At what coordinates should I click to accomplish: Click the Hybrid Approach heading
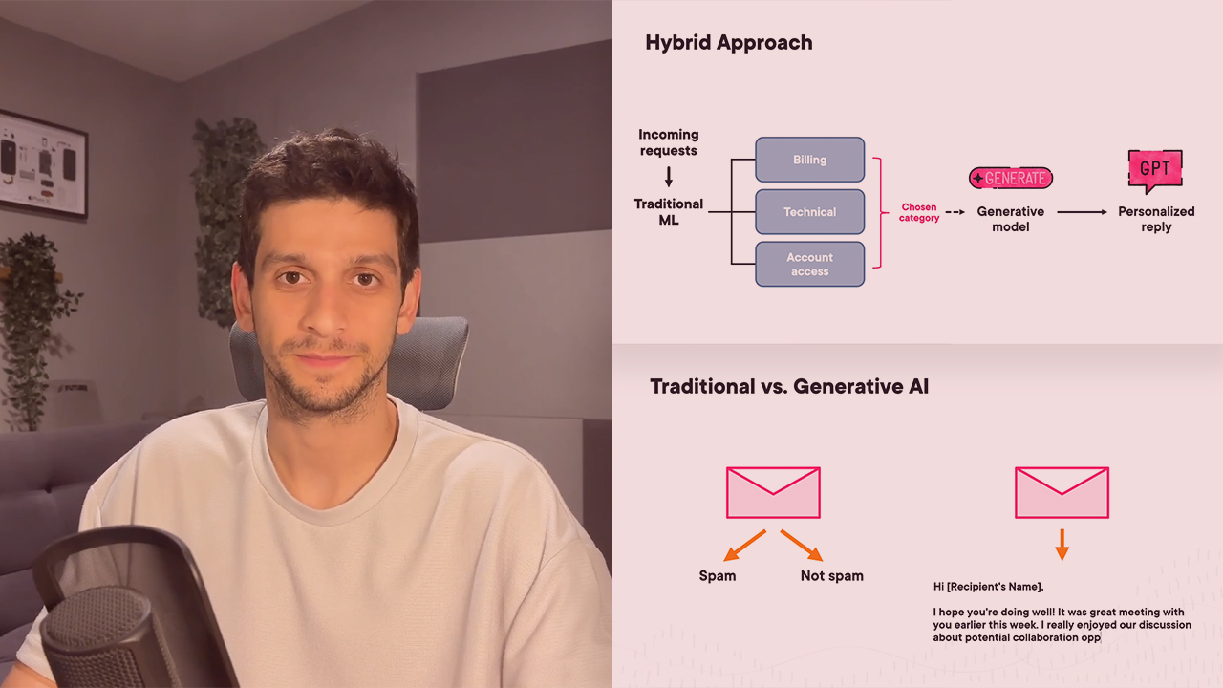728,43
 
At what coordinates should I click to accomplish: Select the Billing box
809,160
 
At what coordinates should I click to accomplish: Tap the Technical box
809,212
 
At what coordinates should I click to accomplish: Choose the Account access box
809,265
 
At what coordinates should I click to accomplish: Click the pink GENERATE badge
1010,178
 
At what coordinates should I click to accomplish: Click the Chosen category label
919,212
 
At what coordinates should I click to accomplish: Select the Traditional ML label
669,211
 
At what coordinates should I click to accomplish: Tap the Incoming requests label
669,142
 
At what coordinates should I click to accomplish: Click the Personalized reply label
1156,219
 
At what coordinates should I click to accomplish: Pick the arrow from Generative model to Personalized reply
1081,212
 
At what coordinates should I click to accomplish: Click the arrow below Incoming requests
669,176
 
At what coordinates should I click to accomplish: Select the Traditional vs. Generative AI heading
789,387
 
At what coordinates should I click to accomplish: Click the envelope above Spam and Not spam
773,492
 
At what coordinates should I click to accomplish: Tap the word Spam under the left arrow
718,576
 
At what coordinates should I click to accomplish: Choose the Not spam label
831,576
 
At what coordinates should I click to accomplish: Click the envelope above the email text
1062,492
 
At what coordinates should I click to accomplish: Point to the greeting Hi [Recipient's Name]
988,587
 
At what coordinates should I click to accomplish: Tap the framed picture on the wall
43,163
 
